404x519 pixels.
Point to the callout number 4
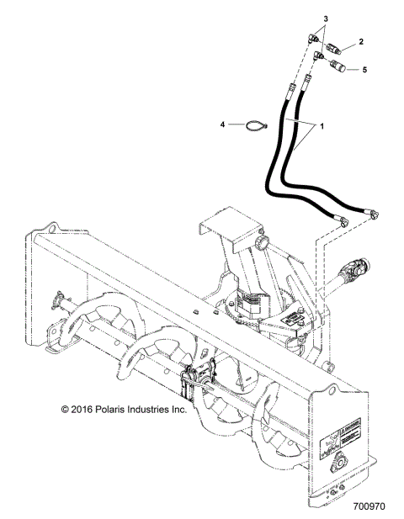pos(223,125)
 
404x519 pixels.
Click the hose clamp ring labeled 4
pos(253,127)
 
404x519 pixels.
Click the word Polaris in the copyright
pos(114,410)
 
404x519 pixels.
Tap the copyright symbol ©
pos(66,410)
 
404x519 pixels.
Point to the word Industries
pos(151,410)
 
